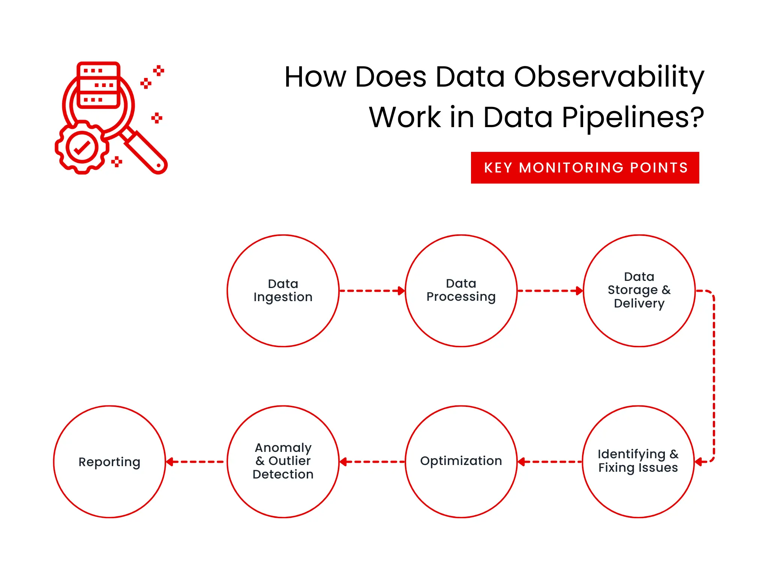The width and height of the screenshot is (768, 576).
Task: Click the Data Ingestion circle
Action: click(x=283, y=291)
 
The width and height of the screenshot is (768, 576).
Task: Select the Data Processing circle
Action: click(x=461, y=291)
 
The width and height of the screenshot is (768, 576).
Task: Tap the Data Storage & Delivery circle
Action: click(x=639, y=291)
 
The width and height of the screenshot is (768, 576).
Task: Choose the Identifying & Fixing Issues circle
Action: click(x=638, y=462)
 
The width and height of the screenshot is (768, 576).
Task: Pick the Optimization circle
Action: click(x=461, y=462)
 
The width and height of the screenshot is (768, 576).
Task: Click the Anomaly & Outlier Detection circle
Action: click(x=283, y=462)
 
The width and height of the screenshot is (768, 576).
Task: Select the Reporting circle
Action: click(x=109, y=462)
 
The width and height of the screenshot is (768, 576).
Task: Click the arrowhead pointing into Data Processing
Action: click(x=402, y=291)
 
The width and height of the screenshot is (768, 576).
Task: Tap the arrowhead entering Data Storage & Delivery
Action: click(x=580, y=291)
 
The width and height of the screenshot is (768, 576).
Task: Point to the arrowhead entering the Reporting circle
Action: click(x=169, y=462)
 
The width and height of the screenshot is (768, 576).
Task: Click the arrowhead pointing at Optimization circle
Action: click(x=521, y=462)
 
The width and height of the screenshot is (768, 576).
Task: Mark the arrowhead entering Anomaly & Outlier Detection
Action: click(x=343, y=462)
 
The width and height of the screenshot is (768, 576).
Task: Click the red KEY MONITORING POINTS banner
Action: click(x=585, y=168)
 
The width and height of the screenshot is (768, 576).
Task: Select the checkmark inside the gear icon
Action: click(x=82, y=147)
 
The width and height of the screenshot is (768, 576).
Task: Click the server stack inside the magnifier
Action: click(x=98, y=85)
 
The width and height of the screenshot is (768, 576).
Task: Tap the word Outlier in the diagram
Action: click(x=289, y=461)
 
